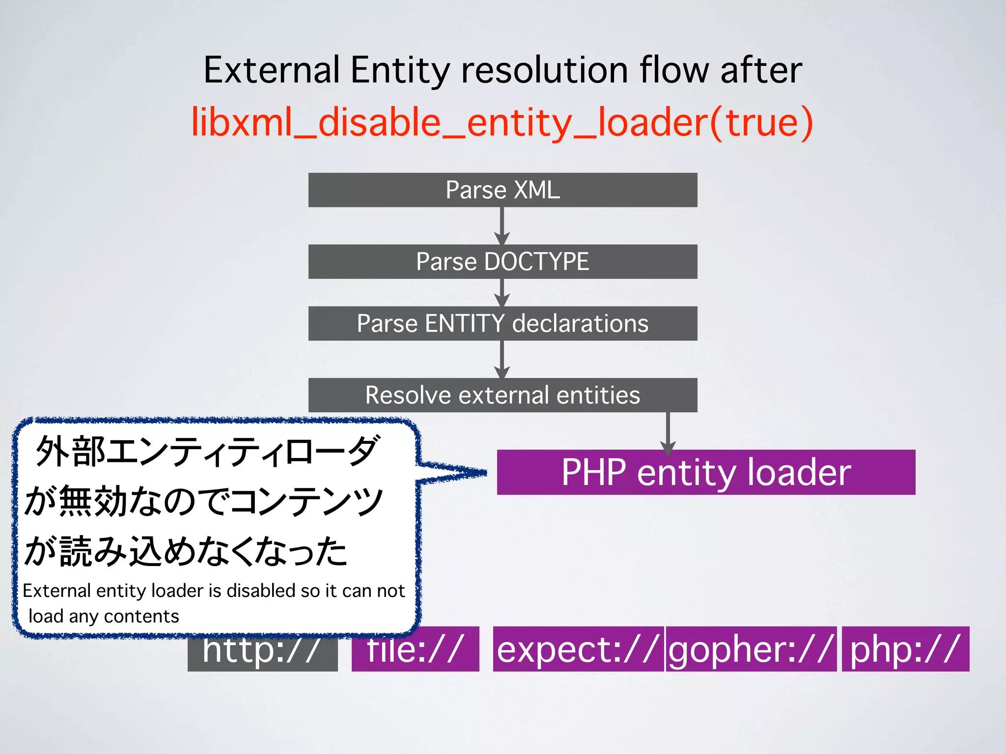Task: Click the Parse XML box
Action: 503,190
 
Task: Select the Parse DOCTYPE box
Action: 503,262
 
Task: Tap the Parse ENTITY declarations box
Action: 503,323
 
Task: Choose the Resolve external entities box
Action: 503,395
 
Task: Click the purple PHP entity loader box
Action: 706,472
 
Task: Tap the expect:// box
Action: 578,649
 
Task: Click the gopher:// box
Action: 751,649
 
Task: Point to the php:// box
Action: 905,649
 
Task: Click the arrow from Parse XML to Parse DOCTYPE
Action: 502,226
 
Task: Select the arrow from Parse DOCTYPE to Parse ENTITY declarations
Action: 502,293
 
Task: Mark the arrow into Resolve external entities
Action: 502,359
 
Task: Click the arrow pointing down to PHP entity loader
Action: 668,432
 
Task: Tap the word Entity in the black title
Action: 400,70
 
